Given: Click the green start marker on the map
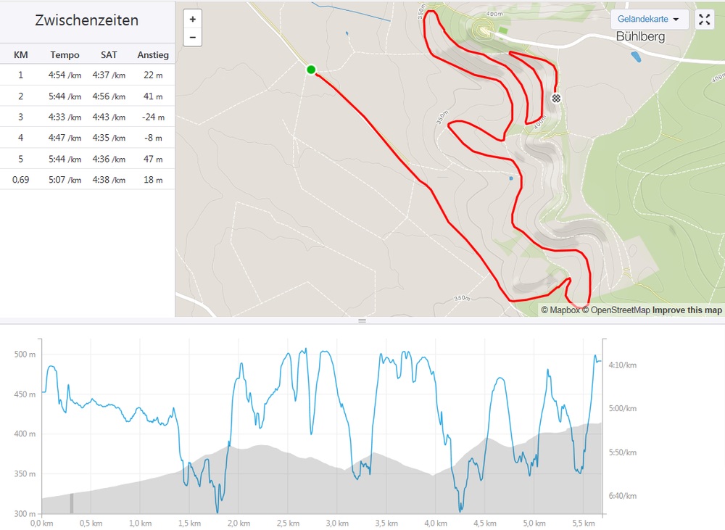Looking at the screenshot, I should pyautogui.click(x=311, y=70).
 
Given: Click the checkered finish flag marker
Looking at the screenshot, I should pyautogui.click(x=556, y=98).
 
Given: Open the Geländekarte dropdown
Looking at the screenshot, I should pyautogui.click(x=649, y=20).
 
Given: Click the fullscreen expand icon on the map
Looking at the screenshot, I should pyautogui.click(x=705, y=20).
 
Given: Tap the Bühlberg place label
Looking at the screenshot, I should pyautogui.click(x=640, y=36).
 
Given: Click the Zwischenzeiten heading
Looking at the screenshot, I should pyautogui.click(x=87, y=20).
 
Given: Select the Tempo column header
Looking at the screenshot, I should pyautogui.click(x=65, y=54).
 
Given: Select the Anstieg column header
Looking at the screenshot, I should pyautogui.click(x=153, y=54).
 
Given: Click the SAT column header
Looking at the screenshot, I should pyautogui.click(x=109, y=54).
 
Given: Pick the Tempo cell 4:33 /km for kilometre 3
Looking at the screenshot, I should pyautogui.click(x=65, y=117).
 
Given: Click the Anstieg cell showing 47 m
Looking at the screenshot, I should pyautogui.click(x=153, y=159).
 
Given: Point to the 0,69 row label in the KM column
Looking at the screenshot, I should pyautogui.click(x=21, y=180).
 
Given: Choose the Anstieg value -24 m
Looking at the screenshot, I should pyautogui.click(x=152, y=117).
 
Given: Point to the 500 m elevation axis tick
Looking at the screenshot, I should pyautogui.click(x=25, y=355).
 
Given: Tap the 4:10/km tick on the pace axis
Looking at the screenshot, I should pyautogui.click(x=622, y=365).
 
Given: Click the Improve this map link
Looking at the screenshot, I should pyautogui.click(x=687, y=310).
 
